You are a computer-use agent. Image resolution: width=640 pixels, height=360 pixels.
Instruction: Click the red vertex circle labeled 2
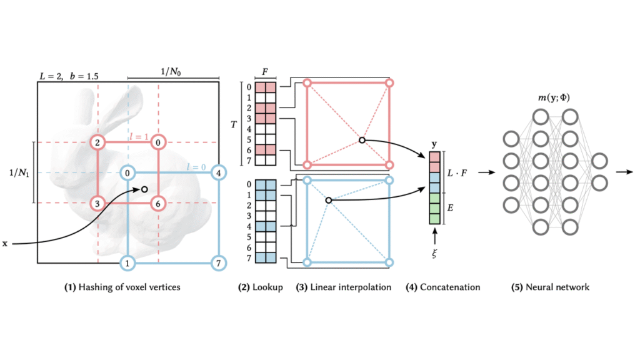click(97, 142)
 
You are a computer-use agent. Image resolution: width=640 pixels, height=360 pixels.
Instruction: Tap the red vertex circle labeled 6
click(158, 203)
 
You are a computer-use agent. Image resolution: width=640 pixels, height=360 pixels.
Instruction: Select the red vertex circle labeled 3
click(97, 203)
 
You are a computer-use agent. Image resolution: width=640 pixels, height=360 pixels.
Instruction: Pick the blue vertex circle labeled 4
click(218, 172)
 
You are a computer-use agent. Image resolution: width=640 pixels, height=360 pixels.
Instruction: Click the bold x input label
click(6, 243)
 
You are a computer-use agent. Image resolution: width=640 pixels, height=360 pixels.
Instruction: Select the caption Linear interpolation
click(344, 287)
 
